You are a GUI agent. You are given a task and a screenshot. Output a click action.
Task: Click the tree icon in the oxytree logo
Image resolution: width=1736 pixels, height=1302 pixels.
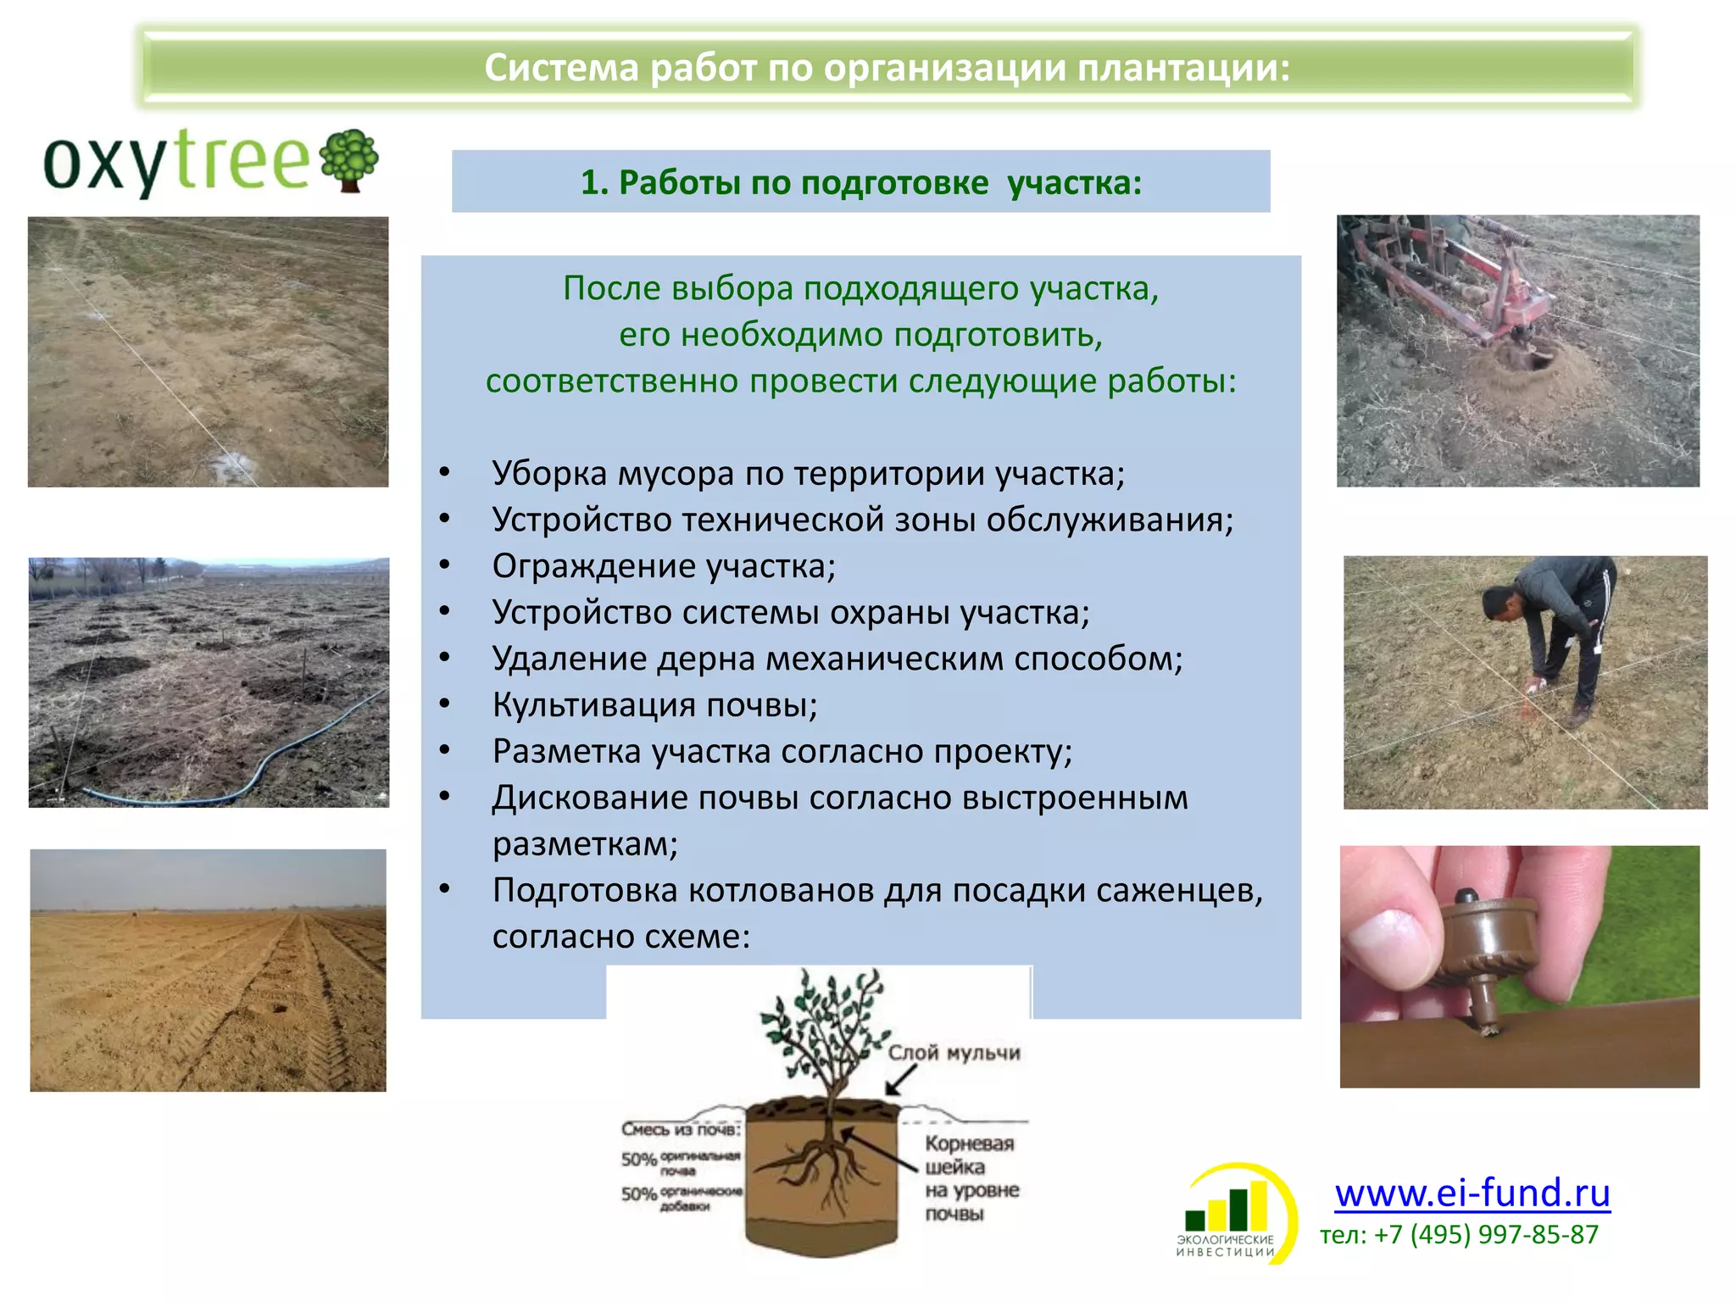(x=348, y=159)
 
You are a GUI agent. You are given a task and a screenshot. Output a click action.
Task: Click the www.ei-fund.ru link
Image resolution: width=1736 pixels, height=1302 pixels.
(x=1472, y=1193)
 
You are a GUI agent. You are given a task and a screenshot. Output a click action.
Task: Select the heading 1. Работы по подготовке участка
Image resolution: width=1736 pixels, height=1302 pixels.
(x=860, y=182)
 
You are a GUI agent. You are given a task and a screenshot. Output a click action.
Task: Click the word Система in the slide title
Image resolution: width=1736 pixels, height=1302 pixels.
(x=560, y=68)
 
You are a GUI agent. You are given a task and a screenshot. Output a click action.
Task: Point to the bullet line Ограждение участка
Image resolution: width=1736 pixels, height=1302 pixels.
(x=664, y=566)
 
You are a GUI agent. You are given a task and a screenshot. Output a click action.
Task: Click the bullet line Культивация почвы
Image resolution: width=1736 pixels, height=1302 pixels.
(x=654, y=705)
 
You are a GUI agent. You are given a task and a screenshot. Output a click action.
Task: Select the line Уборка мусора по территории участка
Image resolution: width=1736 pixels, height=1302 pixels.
(x=808, y=474)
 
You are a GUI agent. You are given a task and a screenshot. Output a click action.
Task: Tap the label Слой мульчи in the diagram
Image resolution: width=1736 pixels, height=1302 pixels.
(x=954, y=1053)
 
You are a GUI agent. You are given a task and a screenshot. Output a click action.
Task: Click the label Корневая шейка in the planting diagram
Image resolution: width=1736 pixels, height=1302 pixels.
(x=969, y=1155)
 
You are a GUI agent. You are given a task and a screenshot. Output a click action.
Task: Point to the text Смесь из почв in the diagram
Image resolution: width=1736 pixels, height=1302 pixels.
(x=681, y=1129)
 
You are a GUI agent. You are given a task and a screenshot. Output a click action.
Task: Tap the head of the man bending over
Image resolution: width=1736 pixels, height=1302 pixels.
(x=1499, y=604)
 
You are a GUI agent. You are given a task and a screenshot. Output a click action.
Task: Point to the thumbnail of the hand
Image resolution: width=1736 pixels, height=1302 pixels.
(x=1388, y=937)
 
